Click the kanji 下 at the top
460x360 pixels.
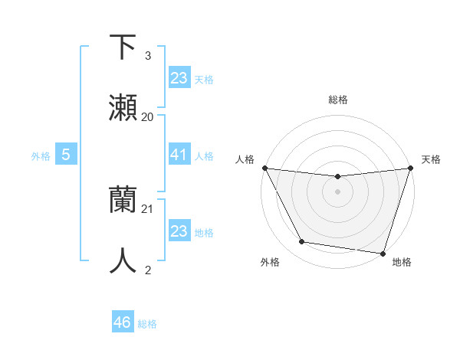(123, 47)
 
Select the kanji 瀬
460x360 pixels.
(123, 108)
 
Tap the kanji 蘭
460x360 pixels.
(123, 200)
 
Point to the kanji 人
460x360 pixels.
(123, 260)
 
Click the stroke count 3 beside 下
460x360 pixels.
(147, 56)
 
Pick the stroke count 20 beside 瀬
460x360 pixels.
(148, 117)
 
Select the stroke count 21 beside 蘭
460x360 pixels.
(148, 208)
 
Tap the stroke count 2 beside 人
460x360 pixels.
(147, 270)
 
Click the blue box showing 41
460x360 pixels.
(179, 155)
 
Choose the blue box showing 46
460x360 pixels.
(123, 323)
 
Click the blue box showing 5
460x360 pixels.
(66, 155)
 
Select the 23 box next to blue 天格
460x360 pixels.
(179, 78)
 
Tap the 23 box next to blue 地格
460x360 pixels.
(179, 231)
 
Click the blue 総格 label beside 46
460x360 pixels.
(147, 324)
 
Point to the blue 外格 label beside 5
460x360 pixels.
(41, 156)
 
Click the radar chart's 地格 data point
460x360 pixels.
(383, 253)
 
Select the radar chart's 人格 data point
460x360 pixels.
(264, 168)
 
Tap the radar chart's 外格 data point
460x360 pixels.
(302, 242)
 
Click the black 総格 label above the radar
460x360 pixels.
(337, 100)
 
